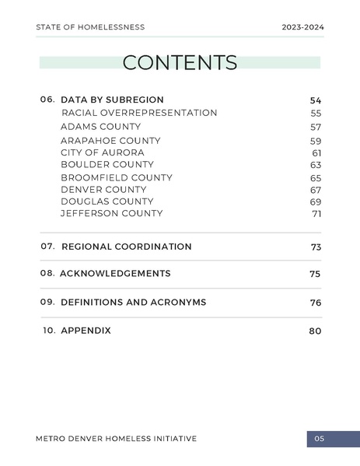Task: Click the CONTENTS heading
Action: point(180,63)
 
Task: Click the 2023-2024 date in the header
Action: point(302,27)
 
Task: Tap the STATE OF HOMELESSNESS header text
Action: point(90,27)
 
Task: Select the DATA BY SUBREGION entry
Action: point(112,100)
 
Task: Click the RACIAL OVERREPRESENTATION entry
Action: point(139,113)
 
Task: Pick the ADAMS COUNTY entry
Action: point(100,126)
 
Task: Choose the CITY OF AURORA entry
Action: point(102,152)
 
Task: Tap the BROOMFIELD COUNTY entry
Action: point(117,177)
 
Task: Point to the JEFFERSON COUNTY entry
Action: point(111,213)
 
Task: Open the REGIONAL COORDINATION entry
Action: point(126,247)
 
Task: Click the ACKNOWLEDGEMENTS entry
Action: point(115,274)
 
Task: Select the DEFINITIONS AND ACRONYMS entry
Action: point(133,302)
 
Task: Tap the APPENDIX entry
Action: point(86,331)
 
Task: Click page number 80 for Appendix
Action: point(315,331)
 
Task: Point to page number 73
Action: point(316,247)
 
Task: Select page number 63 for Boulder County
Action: point(316,166)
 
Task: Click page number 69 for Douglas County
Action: point(316,202)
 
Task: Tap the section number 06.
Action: point(47,100)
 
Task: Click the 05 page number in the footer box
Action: point(320,439)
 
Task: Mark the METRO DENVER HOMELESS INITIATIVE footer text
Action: point(116,439)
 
